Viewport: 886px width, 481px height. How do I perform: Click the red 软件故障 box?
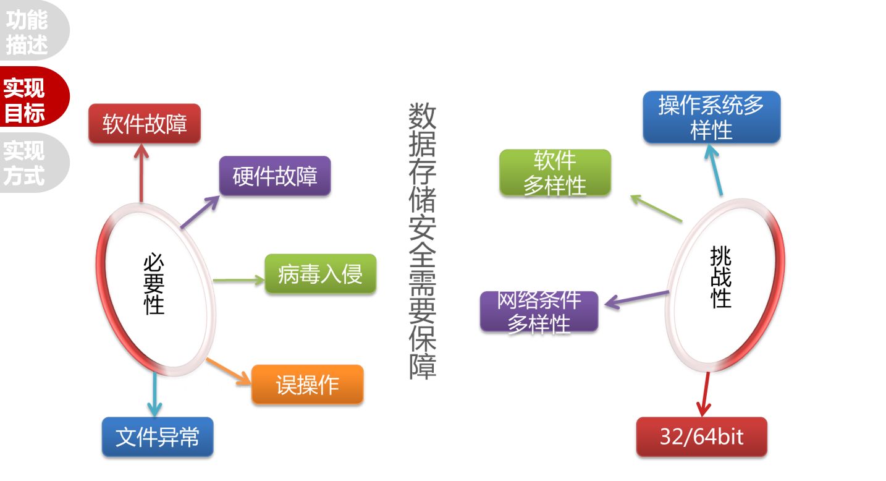click(x=145, y=124)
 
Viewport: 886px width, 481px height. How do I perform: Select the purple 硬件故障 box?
click(x=275, y=176)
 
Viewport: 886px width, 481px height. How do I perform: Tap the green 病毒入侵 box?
click(x=320, y=273)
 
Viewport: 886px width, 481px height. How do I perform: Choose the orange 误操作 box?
click(x=307, y=385)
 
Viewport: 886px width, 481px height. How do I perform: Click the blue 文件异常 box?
click(x=158, y=437)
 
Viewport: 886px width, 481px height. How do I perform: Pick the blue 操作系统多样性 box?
click(x=711, y=117)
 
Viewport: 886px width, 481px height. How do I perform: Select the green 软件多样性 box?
click(x=555, y=173)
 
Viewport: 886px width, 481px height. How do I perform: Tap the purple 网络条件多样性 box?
click(x=539, y=312)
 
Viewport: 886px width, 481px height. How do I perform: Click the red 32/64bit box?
click(x=701, y=437)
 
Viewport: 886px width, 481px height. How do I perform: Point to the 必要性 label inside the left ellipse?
click(x=154, y=285)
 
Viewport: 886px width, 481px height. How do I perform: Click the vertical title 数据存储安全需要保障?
click(x=422, y=241)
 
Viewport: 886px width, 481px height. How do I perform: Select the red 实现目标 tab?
click(x=26, y=99)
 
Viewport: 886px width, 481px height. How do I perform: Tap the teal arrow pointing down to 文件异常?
click(x=154, y=393)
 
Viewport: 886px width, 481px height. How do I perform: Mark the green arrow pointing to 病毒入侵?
click(x=238, y=281)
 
